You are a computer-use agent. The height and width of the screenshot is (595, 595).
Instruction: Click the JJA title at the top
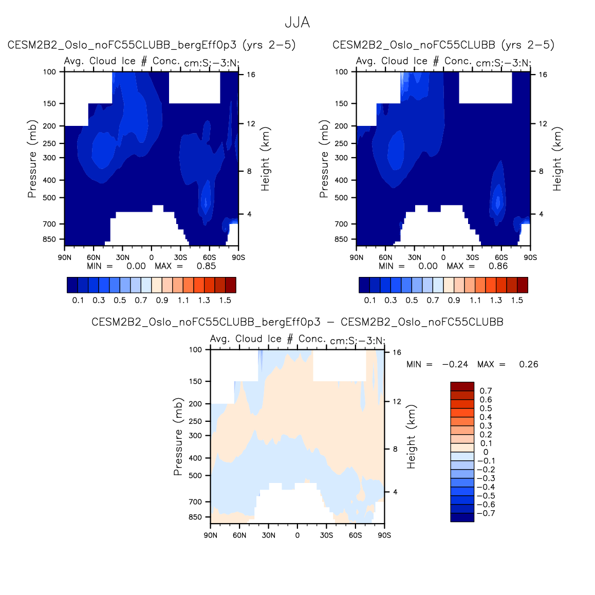point(297,23)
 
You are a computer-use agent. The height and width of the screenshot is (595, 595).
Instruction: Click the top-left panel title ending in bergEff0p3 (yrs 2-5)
point(152,45)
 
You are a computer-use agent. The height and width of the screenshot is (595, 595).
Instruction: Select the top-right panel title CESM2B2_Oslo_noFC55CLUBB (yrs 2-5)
point(443,45)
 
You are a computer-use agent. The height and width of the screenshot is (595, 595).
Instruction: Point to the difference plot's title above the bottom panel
point(297,322)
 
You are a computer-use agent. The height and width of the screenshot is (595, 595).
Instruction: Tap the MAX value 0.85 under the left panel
point(206,266)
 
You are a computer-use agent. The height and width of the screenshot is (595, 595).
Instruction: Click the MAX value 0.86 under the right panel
point(498,266)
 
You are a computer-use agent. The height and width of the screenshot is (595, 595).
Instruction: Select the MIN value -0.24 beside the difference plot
point(455,364)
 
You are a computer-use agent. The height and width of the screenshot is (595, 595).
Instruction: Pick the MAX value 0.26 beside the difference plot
point(528,364)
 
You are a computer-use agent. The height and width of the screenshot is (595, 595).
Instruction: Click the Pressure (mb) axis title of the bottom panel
point(178,437)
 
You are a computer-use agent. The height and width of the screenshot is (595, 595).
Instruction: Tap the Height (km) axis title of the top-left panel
point(265,159)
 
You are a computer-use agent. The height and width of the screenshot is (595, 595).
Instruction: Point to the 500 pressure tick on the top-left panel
point(49,198)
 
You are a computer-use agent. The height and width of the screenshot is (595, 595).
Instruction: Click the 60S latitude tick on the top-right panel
point(501,257)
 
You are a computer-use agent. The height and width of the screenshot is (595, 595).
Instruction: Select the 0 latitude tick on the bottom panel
point(297,535)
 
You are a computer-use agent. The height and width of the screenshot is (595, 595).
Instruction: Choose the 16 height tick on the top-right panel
point(543,75)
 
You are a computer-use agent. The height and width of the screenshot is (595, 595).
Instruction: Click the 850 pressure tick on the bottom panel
point(195,517)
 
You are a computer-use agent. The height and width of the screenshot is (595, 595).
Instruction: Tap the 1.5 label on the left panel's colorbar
point(225,301)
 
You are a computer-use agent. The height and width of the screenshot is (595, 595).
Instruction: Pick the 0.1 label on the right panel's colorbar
point(369,301)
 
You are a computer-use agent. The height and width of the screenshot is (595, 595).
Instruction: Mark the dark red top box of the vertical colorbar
point(462,386)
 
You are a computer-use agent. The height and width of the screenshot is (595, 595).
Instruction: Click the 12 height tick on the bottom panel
point(397,402)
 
